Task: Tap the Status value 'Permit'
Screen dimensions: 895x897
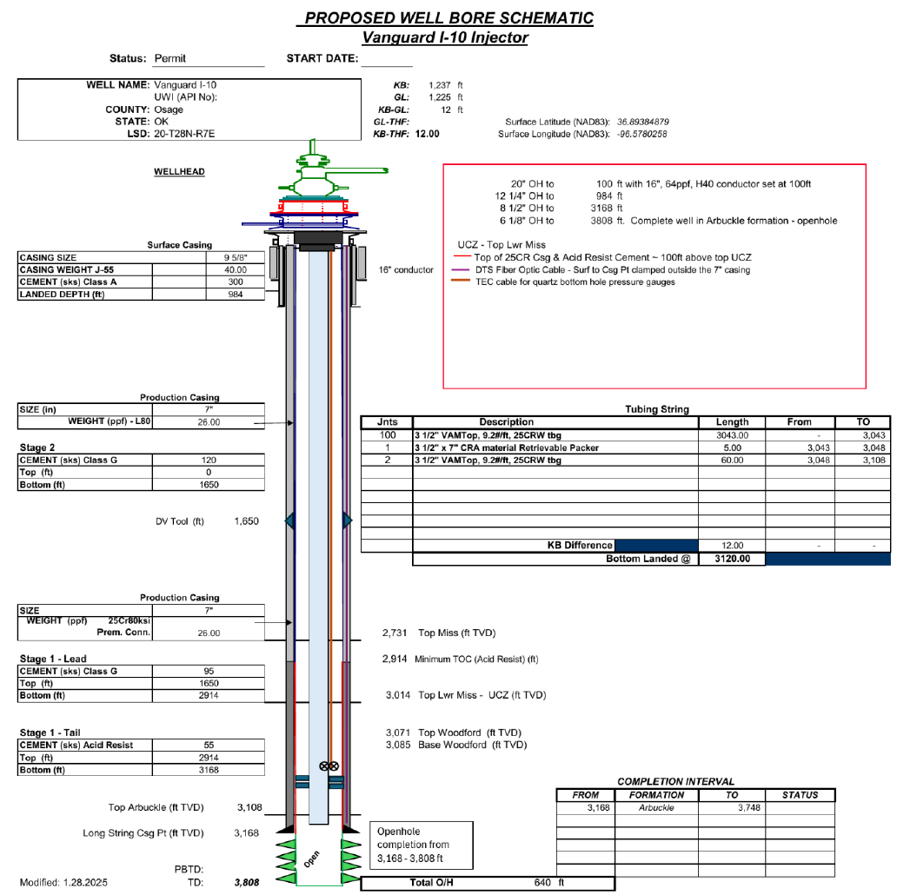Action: click(170, 59)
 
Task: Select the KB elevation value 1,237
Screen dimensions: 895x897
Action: click(441, 85)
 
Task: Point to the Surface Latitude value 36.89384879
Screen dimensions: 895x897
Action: click(643, 122)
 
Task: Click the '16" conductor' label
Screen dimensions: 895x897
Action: click(407, 270)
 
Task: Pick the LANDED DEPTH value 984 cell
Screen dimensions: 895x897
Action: click(235, 295)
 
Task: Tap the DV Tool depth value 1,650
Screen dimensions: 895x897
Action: click(246, 521)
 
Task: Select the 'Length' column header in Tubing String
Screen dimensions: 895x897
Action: click(732, 422)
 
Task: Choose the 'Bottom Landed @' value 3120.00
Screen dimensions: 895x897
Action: click(732, 560)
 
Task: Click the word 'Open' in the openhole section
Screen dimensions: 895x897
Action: click(313, 859)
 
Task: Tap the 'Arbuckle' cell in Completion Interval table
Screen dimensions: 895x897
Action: click(656, 807)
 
